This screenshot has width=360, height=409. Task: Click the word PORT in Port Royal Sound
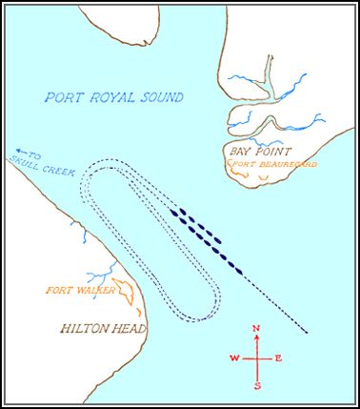[x=64, y=97]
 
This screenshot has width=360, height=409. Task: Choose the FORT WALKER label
[x=69, y=289]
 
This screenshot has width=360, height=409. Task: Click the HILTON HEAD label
[x=103, y=330]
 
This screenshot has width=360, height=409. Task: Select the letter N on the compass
[x=256, y=329]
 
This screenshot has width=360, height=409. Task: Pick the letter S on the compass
[x=257, y=386]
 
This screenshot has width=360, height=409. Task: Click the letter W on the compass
[x=233, y=358]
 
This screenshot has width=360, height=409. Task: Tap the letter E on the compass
[x=279, y=358]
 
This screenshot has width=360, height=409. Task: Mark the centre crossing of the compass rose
[x=257, y=358]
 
